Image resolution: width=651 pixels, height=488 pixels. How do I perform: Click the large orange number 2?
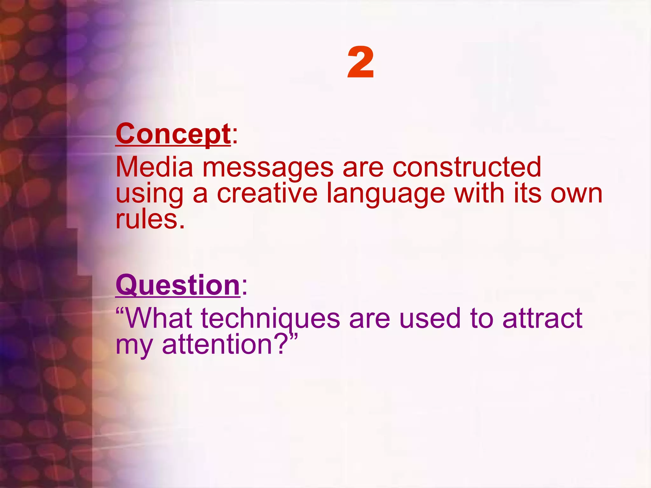360,63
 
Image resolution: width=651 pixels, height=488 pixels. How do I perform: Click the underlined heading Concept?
173,134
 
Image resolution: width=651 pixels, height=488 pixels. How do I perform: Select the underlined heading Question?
178,285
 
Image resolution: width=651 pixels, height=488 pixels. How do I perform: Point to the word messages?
268,168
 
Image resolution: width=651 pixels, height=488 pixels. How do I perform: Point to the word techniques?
271,319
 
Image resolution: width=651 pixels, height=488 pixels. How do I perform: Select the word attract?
542,318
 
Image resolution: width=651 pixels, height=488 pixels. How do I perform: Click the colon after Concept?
235,137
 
